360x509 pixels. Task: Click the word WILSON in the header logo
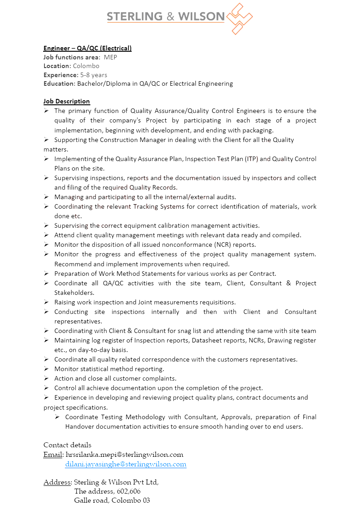(201, 17)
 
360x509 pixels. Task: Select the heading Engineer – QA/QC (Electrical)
(88, 48)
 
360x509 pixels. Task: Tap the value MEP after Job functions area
(110, 57)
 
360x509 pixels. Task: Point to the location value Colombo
(86, 66)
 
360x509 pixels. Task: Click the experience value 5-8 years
(94, 75)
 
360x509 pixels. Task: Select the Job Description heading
(67, 101)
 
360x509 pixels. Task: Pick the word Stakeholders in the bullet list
(74, 293)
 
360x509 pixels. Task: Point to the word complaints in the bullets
(161, 378)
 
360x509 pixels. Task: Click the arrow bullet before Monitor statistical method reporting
(46, 369)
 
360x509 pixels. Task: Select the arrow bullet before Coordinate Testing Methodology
(57, 416)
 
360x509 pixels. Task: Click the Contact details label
(67, 445)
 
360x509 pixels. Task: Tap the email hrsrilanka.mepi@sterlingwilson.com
(124, 455)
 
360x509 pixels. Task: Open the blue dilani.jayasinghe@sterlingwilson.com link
(126, 464)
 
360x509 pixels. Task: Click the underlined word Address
(57, 482)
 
